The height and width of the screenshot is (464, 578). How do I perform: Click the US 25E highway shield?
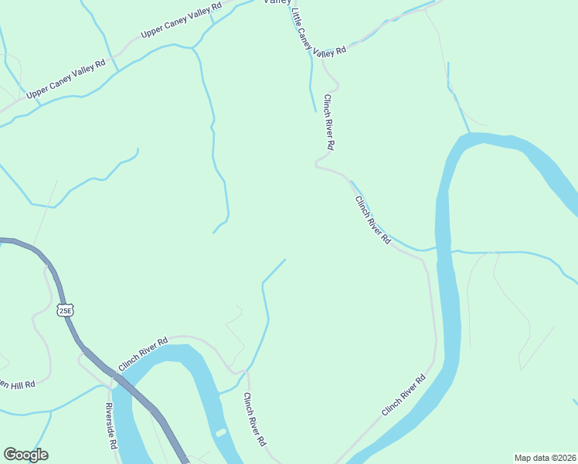[65, 311]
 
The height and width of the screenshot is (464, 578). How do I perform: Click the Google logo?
[25, 455]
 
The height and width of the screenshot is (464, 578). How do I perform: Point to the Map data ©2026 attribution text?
[544, 458]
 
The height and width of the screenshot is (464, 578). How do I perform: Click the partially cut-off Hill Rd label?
[17, 384]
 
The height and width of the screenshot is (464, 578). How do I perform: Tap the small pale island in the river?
[221, 432]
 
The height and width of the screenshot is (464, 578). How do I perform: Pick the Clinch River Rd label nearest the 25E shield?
[143, 353]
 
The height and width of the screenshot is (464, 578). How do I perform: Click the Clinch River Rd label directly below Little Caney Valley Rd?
[329, 122]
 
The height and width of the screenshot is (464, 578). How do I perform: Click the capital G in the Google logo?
[10, 455]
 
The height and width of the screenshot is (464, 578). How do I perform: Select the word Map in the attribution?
[522, 458]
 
